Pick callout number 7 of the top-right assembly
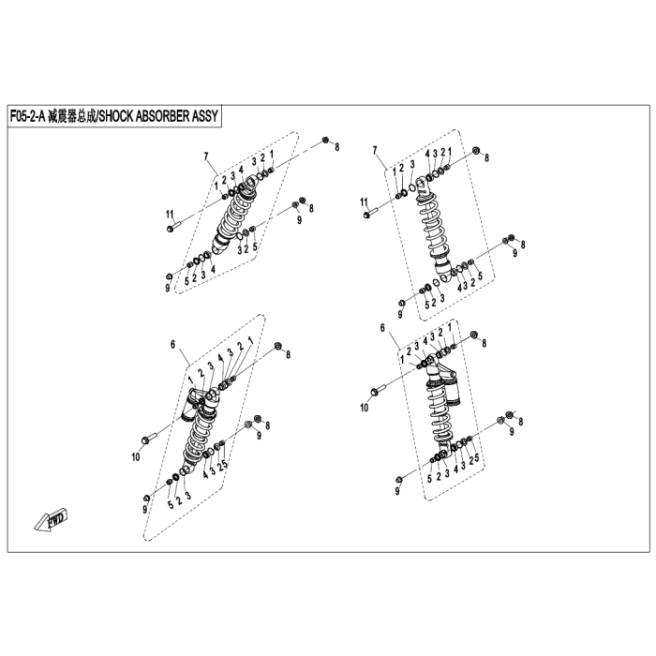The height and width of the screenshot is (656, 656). click(x=375, y=150)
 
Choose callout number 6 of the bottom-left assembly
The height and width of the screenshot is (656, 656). click(x=173, y=345)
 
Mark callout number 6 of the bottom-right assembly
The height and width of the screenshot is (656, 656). click(x=382, y=327)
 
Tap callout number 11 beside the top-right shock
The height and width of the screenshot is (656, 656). click(x=365, y=201)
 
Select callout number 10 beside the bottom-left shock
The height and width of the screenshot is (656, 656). click(x=135, y=457)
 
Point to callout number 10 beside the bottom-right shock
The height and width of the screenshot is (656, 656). click(x=366, y=408)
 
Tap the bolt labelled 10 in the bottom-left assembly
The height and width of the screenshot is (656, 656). click(x=147, y=439)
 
